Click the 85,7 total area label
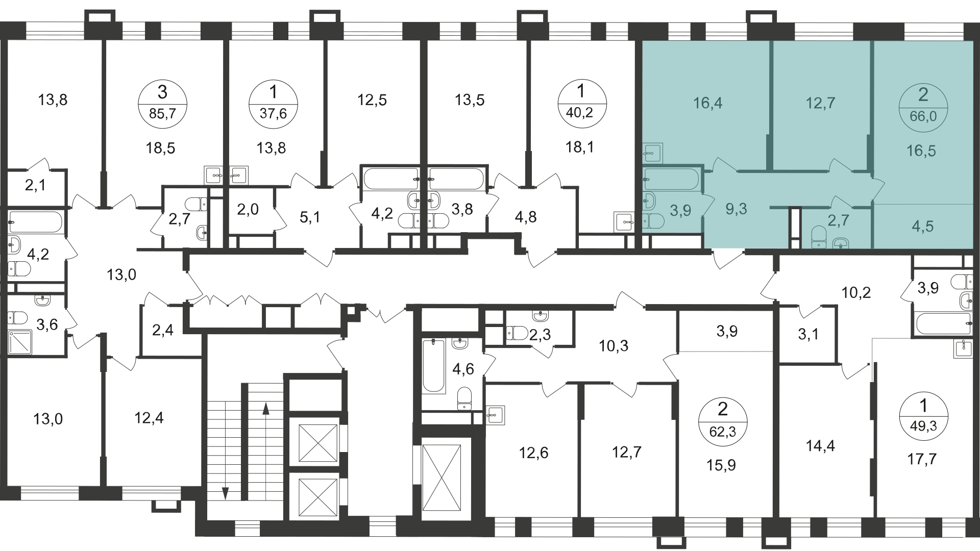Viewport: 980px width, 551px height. click(x=163, y=113)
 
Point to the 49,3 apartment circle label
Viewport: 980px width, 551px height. click(x=923, y=415)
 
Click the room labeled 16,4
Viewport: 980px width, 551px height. click(x=707, y=104)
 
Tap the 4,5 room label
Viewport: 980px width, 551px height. click(x=922, y=226)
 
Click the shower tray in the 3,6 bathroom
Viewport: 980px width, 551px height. click(x=20, y=342)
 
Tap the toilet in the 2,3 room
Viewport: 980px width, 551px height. click(x=517, y=333)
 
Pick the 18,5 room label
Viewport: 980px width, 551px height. click(x=160, y=148)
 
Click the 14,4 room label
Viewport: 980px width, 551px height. click(x=820, y=446)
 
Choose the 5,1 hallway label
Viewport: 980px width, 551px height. click(x=310, y=217)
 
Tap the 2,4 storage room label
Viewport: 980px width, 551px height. click(x=163, y=330)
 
